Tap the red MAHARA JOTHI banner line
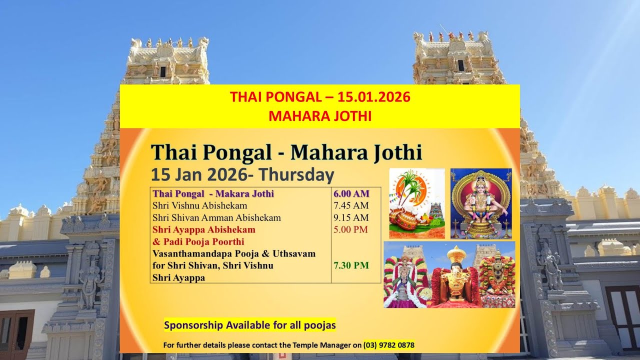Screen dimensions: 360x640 [x=320, y=116]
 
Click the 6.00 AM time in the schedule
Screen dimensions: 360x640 [x=351, y=193]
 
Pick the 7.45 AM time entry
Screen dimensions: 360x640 [x=350, y=205]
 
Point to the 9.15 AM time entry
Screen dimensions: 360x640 [x=350, y=217]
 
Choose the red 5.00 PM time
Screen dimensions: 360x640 [x=350, y=229]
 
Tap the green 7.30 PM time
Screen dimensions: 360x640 [x=351, y=265]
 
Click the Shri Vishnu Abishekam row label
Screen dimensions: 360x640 [x=200, y=205]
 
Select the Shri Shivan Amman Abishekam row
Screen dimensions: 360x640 [x=216, y=217]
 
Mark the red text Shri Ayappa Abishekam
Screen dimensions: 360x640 [x=204, y=229]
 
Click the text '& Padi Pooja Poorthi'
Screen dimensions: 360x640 [x=198, y=241]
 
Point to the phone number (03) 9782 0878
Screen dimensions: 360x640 [x=389, y=345]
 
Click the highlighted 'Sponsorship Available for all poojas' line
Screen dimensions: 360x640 [x=250, y=325]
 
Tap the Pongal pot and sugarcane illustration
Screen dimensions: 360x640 [x=416, y=203]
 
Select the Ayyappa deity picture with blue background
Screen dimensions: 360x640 [x=481, y=203]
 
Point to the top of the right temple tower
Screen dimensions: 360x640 [x=452, y=42]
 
